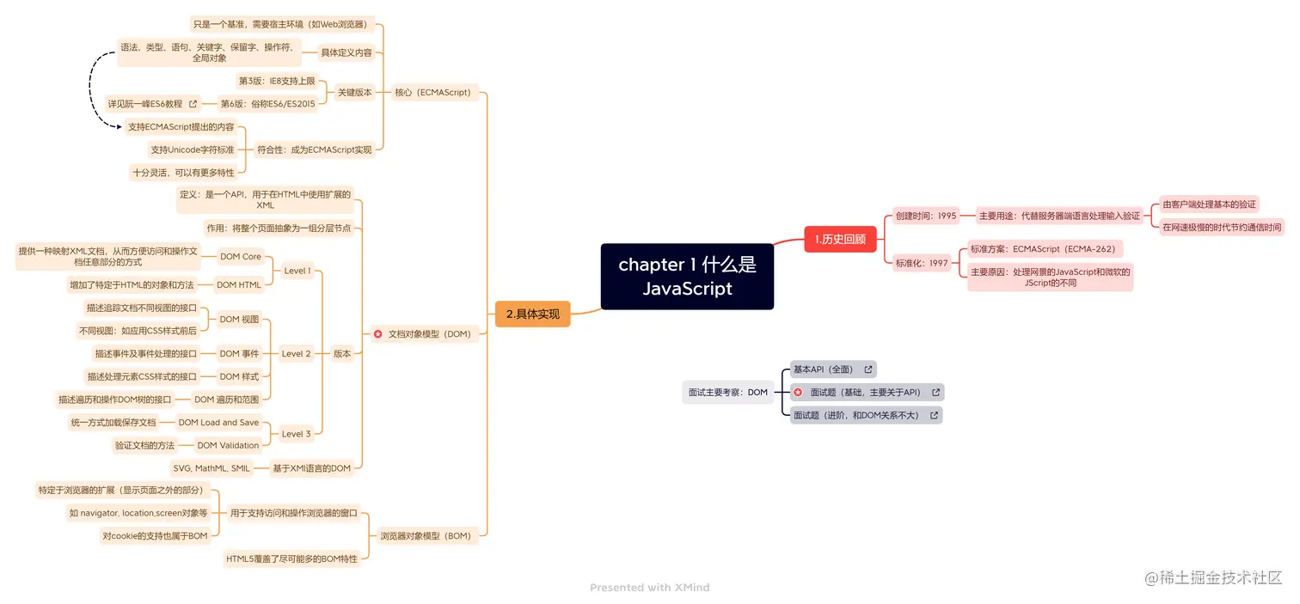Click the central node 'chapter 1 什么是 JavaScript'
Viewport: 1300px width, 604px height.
(x=687, y=277)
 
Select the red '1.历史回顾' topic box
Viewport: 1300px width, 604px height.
(x=840, y=239)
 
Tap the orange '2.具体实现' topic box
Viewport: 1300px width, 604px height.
(x=532, y=314)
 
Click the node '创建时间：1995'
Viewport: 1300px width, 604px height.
(x=925, y=216)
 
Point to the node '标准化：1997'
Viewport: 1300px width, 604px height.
(x=921, y=263)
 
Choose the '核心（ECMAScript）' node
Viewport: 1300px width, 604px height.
(x=432, y=92)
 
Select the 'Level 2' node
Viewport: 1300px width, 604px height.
(x=297, y=353)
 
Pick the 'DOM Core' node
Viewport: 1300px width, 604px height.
(x=241, y=256)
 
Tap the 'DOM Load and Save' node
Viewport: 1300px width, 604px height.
(x=218, y=422)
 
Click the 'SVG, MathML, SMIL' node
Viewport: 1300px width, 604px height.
(x=212, y=468)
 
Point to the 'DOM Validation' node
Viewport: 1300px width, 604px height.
(x=228, y=445)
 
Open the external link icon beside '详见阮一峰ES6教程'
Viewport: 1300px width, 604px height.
(x=193, y=104)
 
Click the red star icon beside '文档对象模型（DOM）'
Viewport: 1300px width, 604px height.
(x=377, y=333)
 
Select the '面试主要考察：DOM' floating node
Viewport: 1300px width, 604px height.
(x=727, y=392)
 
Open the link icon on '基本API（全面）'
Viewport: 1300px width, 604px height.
(x=868, y=369)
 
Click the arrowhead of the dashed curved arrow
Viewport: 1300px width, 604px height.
(x=120, y=126)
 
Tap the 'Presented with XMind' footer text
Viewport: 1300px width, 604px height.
(x=649, y=588)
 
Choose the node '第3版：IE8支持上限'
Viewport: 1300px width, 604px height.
(x=277, y=81)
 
